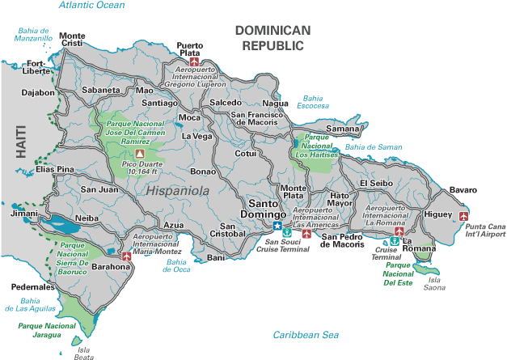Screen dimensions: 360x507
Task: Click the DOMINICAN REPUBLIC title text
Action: [273, 37]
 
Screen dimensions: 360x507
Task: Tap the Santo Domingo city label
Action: [266, 209]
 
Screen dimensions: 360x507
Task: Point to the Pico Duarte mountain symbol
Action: [140, 152]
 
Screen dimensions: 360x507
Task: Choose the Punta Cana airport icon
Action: [463, 216]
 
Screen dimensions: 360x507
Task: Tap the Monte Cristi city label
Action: [71, 40]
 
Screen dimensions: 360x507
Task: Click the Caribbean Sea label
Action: [305, 335]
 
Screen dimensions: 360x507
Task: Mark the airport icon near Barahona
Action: [126, 256]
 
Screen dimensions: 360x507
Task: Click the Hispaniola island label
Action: [178, 191]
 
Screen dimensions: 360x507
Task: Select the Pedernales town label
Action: [33, 287]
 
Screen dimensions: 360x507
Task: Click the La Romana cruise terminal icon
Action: [395, 241]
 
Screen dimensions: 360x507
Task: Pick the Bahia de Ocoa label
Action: [177, 265]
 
